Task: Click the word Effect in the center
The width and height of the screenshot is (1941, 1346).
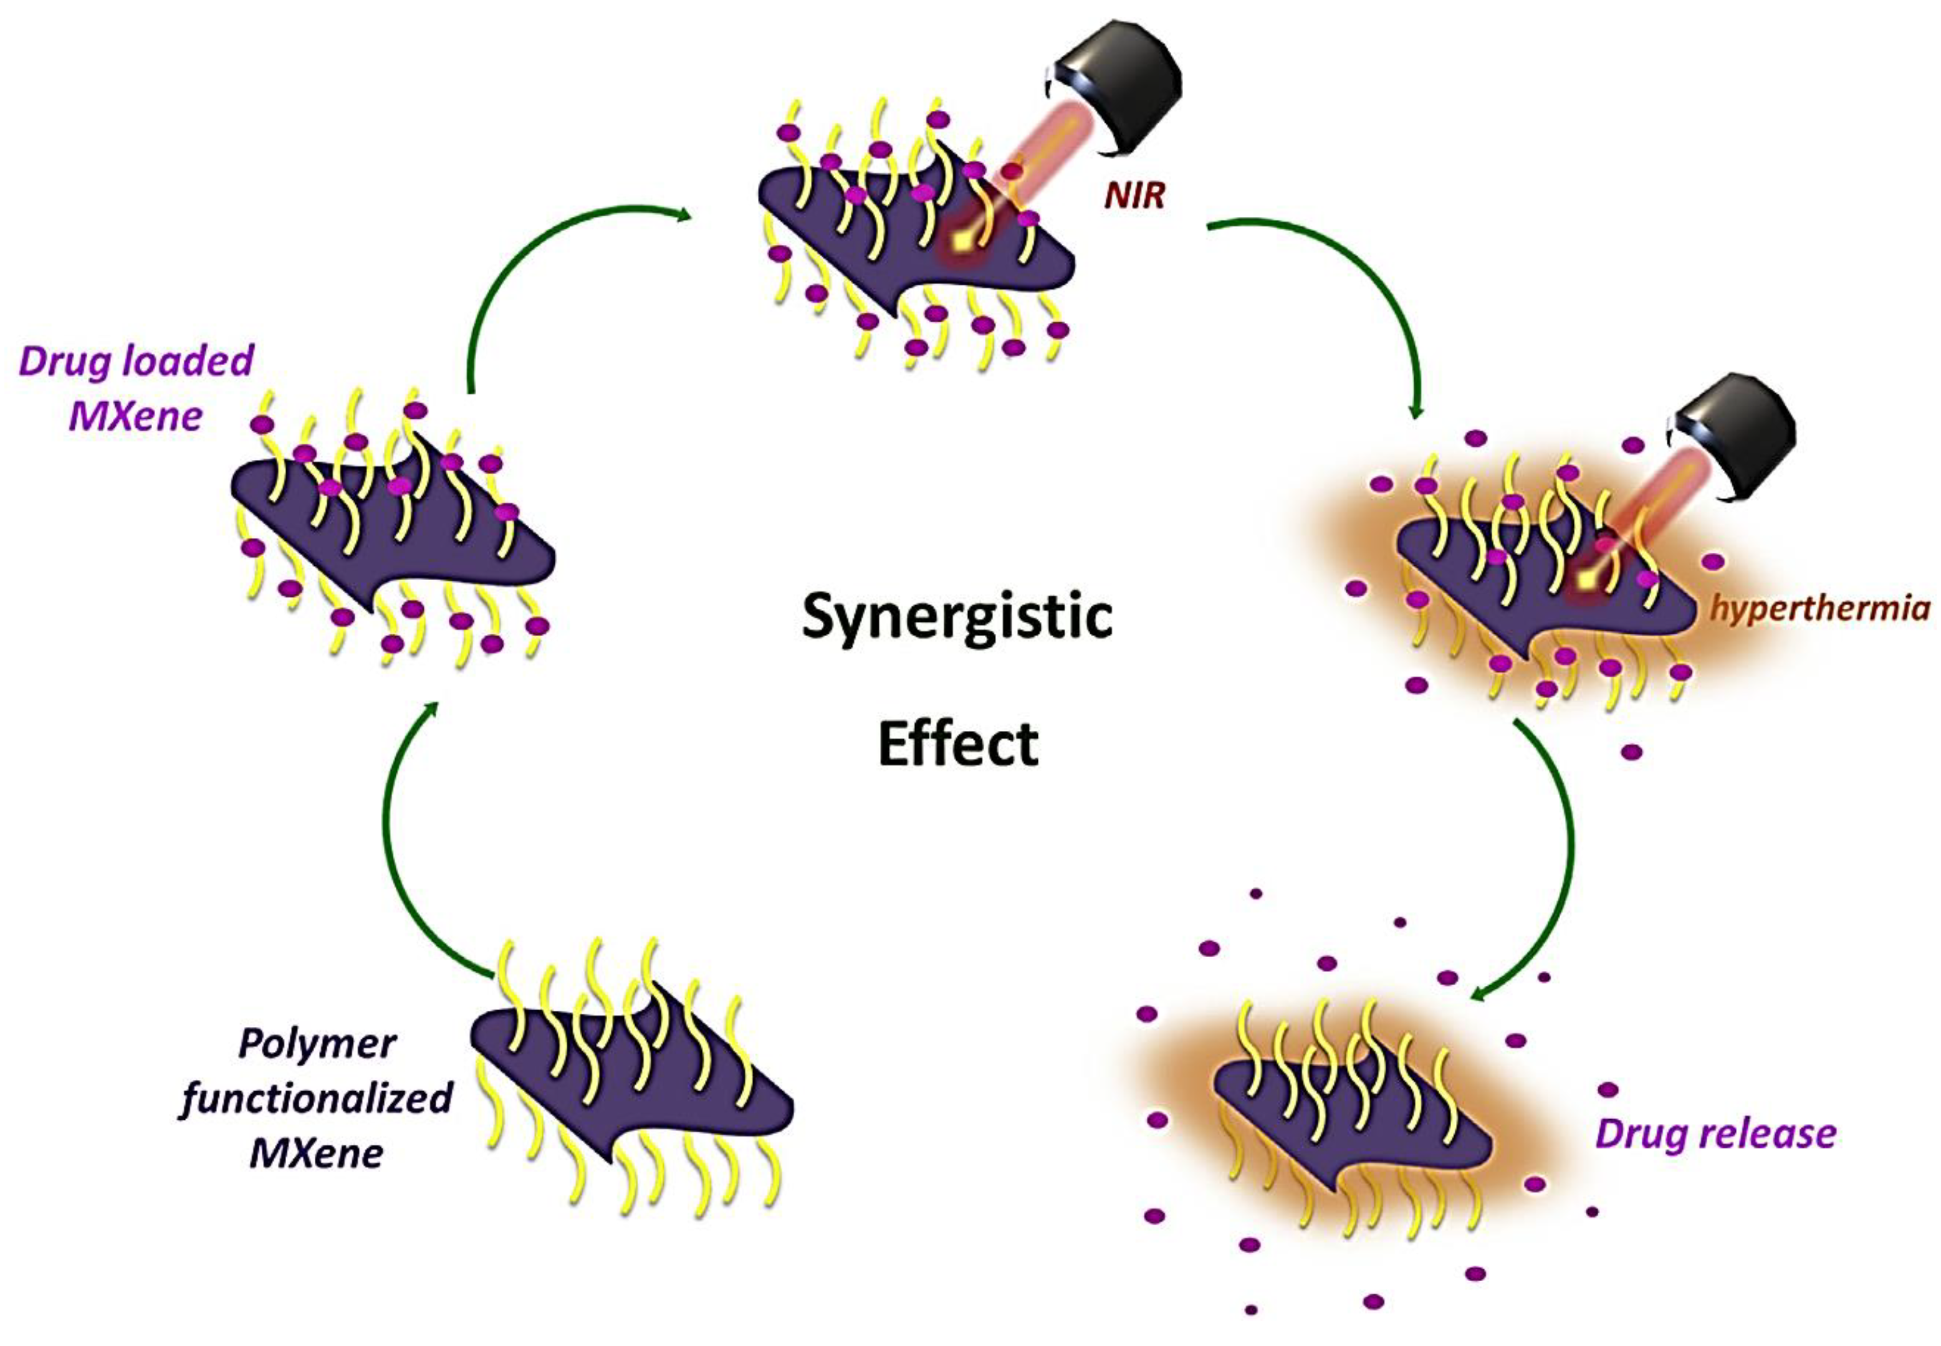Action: pyautogui.click(x=957, y=744)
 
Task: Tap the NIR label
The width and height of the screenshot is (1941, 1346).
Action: pyautogui.click(x=1134, y=196)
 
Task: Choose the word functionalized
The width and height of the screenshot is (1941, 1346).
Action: pyautogui.click(x=316, y=1098)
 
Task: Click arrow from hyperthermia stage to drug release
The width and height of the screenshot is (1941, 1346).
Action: pyautogui.click(x=1552, y=869)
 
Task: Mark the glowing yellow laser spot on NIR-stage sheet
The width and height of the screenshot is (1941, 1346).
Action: pyautogui.click(x=961, y=241)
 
